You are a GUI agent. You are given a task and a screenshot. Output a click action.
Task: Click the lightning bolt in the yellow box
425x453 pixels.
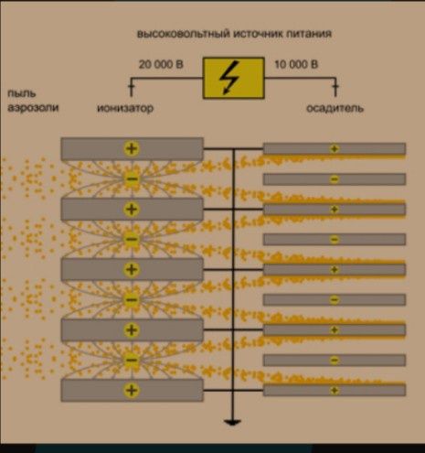[x=229, y=78]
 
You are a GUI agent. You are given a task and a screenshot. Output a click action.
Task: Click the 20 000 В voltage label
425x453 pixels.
[x=161, y=65]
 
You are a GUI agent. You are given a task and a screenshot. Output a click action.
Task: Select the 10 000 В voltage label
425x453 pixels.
[x=296, y=65]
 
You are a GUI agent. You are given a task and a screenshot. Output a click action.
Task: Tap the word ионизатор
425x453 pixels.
[x=125, y=108]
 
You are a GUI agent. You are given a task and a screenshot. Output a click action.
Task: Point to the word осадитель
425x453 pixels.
[x=335, y=108]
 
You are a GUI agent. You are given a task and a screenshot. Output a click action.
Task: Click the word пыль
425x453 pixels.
[x=22, y=93]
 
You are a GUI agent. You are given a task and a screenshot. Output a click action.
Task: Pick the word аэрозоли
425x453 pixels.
[x=33, y=108]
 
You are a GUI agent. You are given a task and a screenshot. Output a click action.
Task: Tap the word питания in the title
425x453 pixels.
[x=309, y=33]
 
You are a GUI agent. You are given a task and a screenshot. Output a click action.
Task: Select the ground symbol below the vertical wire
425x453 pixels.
[x=232, y=423]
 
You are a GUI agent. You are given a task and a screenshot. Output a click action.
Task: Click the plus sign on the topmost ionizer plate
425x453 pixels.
[x=132, y=148]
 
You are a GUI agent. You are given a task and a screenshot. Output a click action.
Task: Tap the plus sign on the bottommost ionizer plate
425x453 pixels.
[x=132, y=390]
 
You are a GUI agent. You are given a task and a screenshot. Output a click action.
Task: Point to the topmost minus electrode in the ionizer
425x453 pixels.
[x=132, y=178]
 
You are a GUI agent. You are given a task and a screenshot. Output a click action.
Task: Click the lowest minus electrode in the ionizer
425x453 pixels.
[x=132, y=360]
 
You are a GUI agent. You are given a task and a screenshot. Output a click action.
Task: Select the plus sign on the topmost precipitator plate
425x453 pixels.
[x=335, y=149]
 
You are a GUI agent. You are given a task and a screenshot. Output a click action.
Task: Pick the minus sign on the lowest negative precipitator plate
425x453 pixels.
[x=335, y=361]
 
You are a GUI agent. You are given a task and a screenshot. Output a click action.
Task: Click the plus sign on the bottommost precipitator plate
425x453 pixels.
[x=335, y=391]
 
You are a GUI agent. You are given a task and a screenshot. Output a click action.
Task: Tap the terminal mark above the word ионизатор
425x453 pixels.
[x=132, y=87]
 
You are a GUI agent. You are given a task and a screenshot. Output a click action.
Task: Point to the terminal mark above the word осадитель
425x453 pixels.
[x=335, y=87]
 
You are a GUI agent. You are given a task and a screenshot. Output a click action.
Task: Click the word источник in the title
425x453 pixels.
[x=258, y=34]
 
